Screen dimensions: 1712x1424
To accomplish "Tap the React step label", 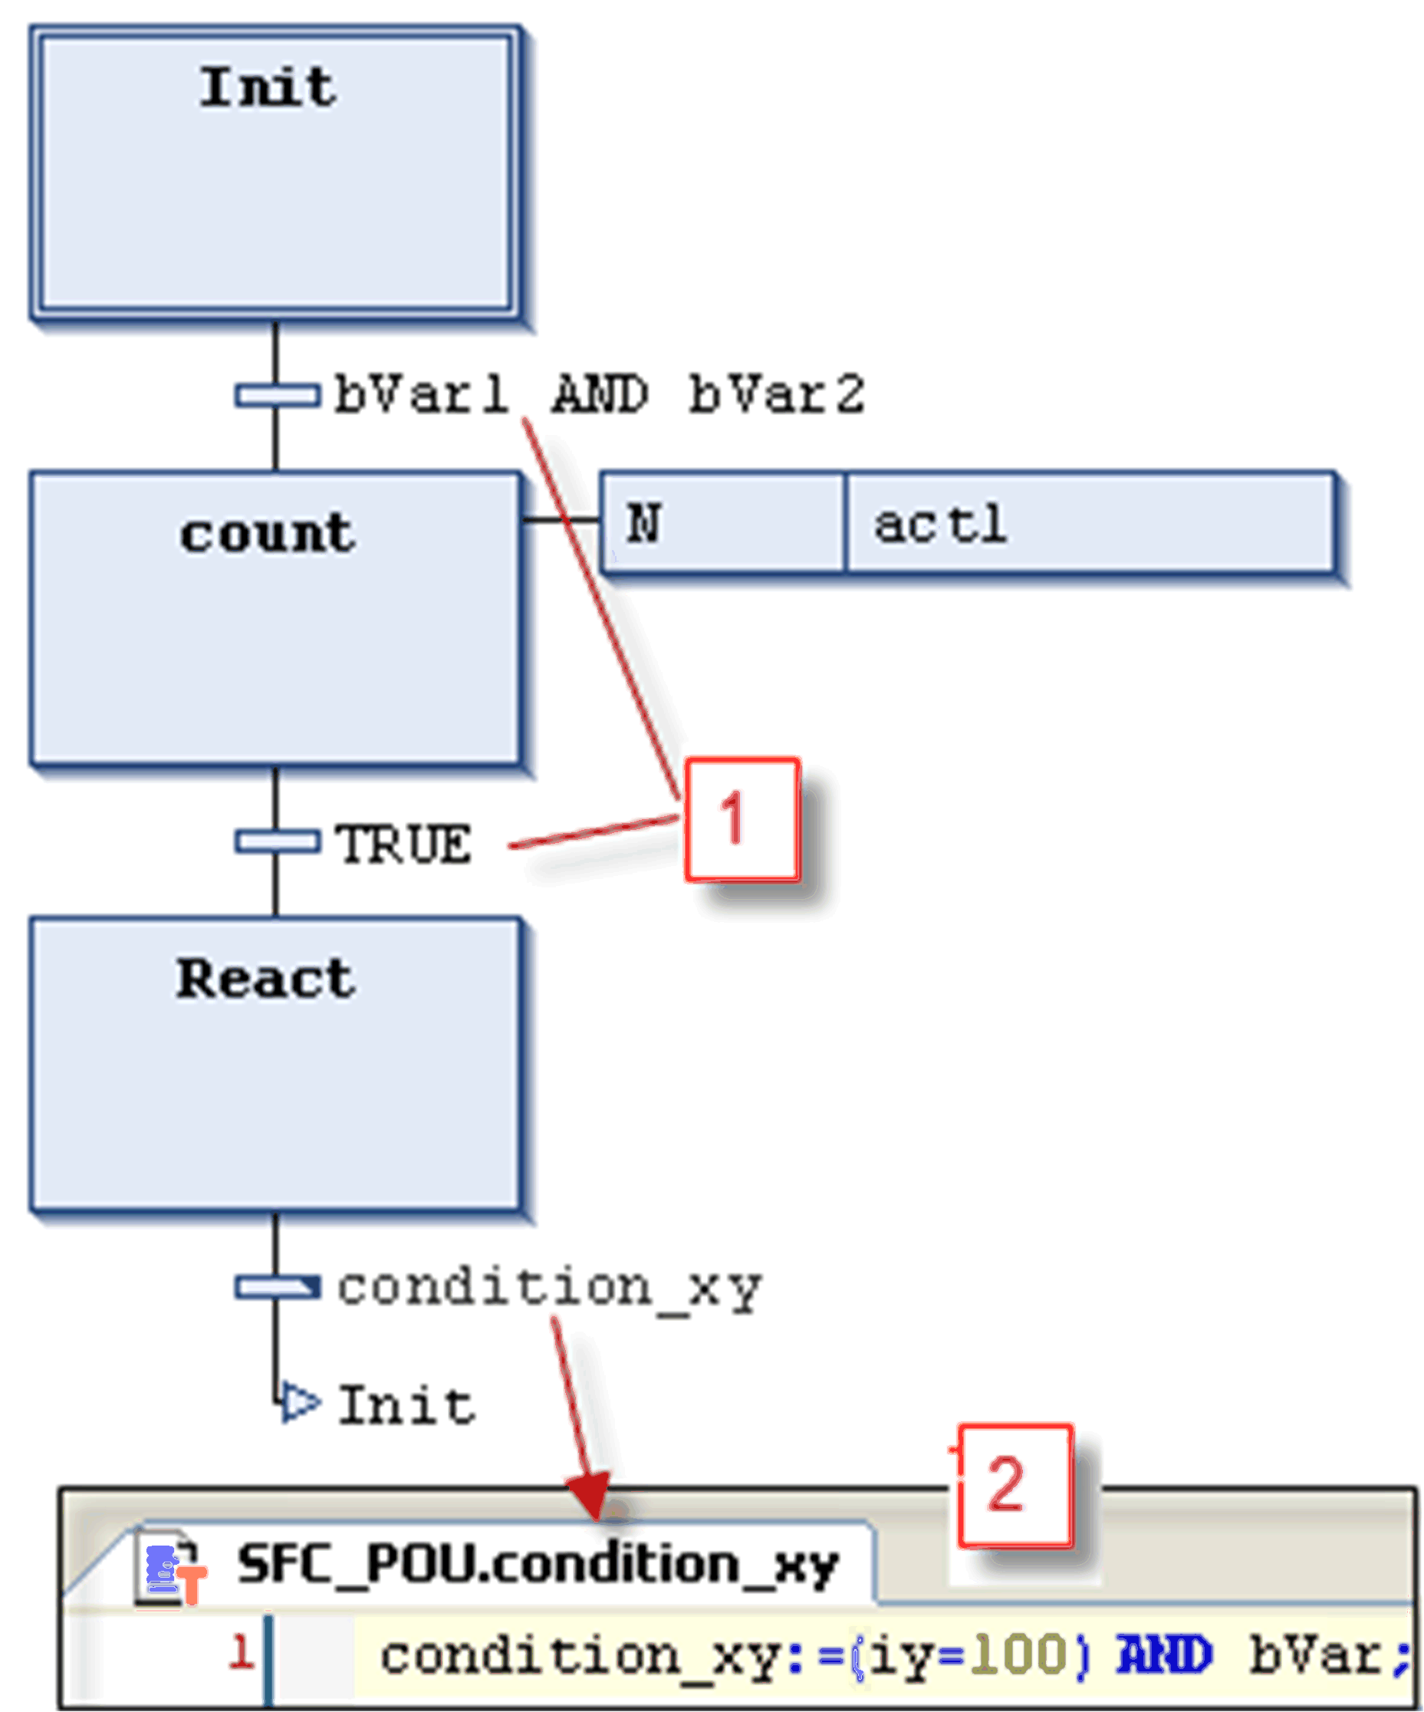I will point(266,978).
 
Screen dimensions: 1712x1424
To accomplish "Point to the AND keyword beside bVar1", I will point(600,394).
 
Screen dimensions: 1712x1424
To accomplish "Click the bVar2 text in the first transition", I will point(776,394).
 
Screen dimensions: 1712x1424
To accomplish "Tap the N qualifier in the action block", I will point(644,523).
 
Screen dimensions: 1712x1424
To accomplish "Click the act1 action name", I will point(940,523).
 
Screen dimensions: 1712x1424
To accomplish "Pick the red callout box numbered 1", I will point(742,819).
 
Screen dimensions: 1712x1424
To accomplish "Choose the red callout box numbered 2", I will point(1015,1486).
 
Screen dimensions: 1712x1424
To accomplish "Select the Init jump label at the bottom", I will point(406,1405).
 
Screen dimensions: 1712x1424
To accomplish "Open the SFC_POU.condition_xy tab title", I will point(538,1565).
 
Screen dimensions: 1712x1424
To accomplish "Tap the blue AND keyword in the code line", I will point(1164,1655).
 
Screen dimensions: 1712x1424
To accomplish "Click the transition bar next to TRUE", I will point(277,841).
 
